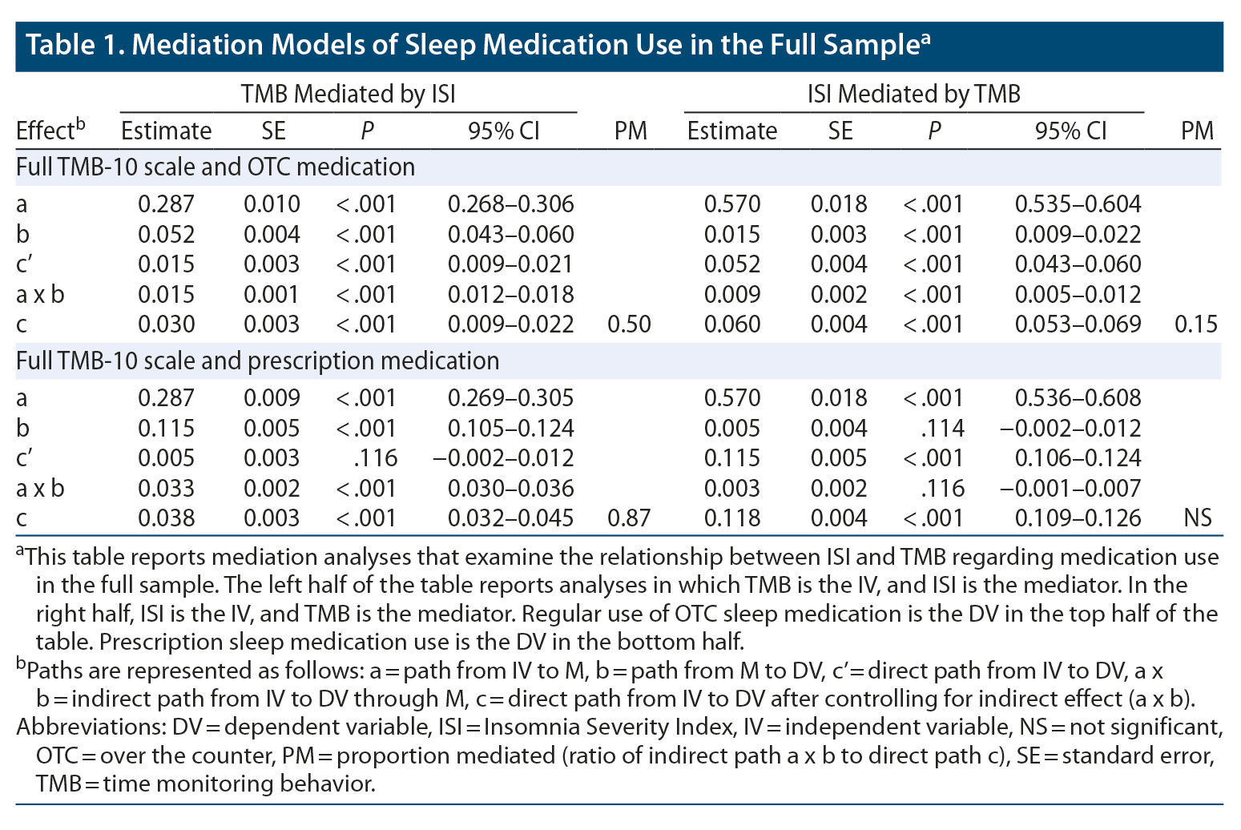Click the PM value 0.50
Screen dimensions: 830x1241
point(629,324)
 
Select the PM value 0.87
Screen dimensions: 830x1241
point(629,518)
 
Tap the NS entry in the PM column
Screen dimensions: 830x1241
point(1197,518)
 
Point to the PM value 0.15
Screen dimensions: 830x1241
point(1195,324)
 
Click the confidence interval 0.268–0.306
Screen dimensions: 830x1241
point(510,204)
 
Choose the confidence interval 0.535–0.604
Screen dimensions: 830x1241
point(1078,204)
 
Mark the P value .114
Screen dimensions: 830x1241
point(942,429)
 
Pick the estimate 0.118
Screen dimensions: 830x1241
point(732,518)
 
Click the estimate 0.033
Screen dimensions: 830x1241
point(166,489)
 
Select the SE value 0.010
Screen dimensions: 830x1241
point(272,204)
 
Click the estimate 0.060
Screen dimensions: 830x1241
point(732,324)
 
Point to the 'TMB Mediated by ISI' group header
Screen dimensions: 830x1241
point(348,95)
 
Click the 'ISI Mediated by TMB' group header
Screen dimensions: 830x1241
point(913,95)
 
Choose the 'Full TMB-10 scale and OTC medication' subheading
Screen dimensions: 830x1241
point(216,167)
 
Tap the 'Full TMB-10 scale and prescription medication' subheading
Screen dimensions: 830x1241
point(257,361)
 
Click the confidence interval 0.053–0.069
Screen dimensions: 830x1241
point(1078,324)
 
